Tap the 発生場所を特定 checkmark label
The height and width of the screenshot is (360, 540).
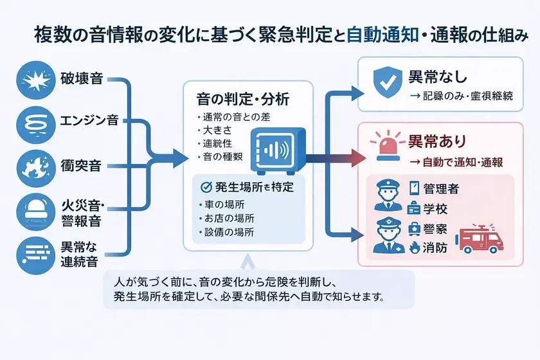(248, 187)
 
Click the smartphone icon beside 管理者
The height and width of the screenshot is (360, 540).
(414, 188)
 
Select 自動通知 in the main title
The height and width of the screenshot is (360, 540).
(377, 36)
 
